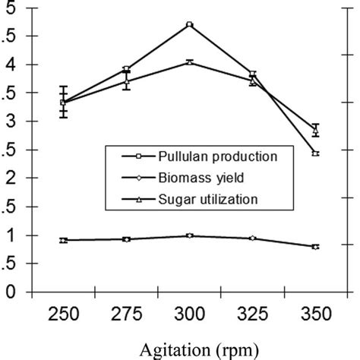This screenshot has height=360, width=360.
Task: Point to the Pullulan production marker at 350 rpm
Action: tap(315, 153)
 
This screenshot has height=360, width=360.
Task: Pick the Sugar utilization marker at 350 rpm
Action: tap(315, 131)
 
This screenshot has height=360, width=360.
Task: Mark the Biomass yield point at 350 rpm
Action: tap(315, 247)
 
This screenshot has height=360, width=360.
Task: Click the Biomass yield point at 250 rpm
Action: tap(65, 240)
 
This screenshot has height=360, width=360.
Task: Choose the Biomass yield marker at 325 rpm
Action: tap(253, 238)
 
